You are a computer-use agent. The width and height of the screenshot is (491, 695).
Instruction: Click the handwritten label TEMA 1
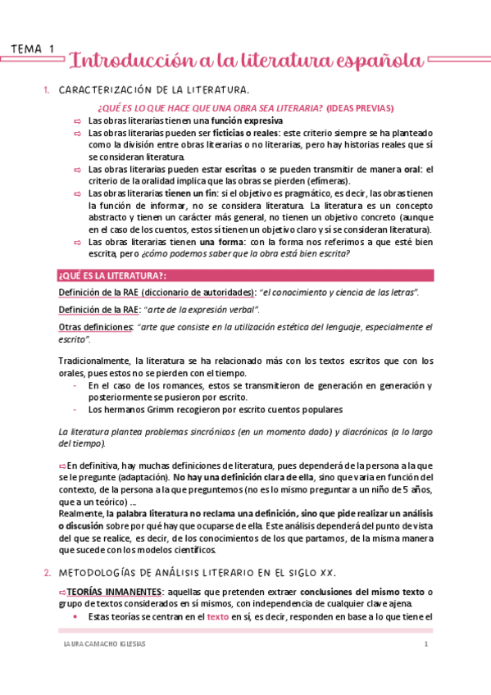click(x=33, y=49)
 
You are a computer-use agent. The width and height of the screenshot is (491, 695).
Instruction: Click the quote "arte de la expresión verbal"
click(x=208, y=309)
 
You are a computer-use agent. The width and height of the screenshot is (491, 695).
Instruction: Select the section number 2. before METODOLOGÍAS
click(x=46, y=571)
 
